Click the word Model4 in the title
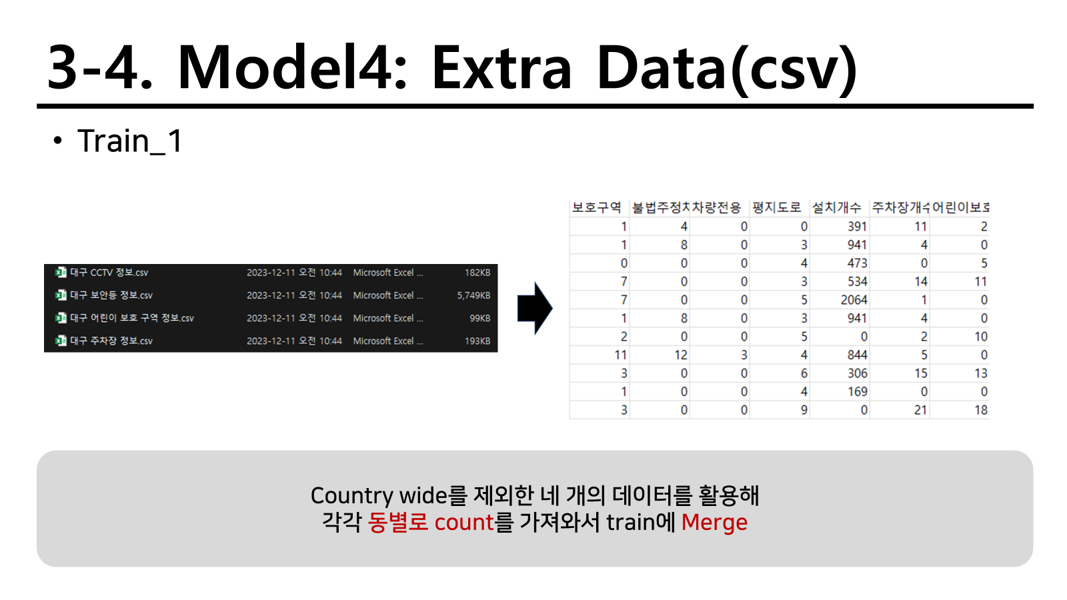pyautogui.click(x=292, y=67)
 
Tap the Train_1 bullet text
pyautogui.click(x=130, y=141)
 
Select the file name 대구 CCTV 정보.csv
pyautogui.click(x=109, y=273)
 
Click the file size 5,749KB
pyautogui.click(x=473, y=295)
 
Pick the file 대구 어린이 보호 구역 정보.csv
pyautogui.click(x=132, y=318)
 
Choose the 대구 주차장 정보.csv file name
pyautogui.click(x=111, y=341)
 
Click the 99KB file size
pyautogui.click(x=479, y=318)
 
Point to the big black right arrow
pyautogui.click(x=535, y=308)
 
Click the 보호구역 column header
pyautogui.click(x=596, y=207)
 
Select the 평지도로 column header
pyautogui.click(x=776, y=207)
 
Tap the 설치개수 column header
pyautogui.click(x=836, y=207)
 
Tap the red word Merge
pyautogui.click(x=714, y=523)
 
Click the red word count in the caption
pyautogui.click(x=464, y=523)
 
